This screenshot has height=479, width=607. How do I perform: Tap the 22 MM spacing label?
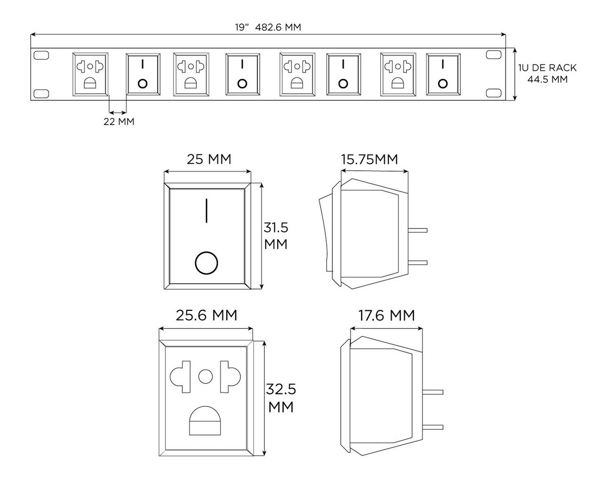(x=119, y=122)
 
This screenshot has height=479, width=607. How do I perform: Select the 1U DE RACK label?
(x=547, y=67)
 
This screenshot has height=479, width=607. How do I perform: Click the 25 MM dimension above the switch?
(x=209, y=159)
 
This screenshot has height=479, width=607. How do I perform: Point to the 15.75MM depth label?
(x=369, y=159)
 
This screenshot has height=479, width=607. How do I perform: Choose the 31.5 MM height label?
(x=276, y=235)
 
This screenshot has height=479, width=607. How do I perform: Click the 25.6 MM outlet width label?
(x=206, y=315)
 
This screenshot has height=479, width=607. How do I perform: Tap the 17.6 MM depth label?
(x=386, y=316)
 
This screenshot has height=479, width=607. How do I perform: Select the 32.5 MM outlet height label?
(x=281, y=398)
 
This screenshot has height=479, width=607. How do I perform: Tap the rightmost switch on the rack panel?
(x=443, y=74)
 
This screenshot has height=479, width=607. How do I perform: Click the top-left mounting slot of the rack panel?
(x=41, y=55)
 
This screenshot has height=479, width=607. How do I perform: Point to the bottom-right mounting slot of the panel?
(x=492, y=93)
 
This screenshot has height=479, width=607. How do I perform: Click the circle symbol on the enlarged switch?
(x=206, y=263)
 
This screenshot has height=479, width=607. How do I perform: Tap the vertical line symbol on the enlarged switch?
(x=207, y=211)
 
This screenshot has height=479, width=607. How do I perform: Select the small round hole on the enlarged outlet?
(x=206, y=376)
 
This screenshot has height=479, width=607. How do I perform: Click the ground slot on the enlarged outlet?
(x=206, y=420)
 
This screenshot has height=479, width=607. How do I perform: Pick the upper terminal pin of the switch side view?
(x=417, y=230)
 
